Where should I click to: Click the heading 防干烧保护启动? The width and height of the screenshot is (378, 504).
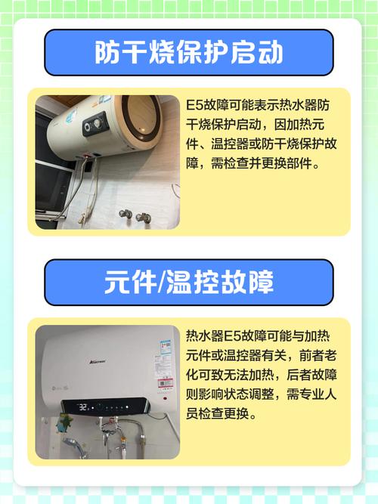(x=188, y=53)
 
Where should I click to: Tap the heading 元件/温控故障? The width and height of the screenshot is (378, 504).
(x=188, y=283)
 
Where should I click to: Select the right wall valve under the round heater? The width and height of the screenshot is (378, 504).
(x=143, y=218)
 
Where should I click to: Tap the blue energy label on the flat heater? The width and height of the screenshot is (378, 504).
(x=165, y=352)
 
